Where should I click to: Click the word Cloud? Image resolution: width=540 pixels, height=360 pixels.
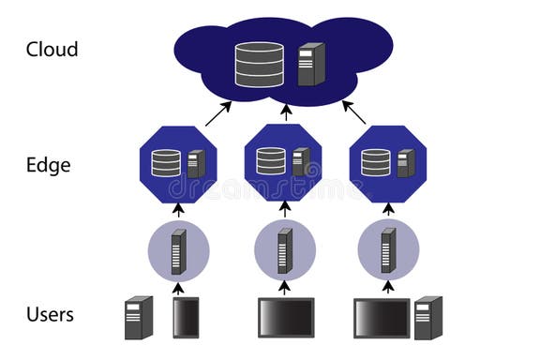[53, 50]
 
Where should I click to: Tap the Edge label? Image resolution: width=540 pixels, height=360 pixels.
[49, 165]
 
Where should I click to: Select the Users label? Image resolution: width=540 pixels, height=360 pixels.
[51, 314]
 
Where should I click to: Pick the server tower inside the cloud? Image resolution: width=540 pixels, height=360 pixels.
[310, 64]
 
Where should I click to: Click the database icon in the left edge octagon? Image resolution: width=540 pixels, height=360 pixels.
[166, 162]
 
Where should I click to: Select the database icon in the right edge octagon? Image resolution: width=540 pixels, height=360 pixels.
[376, 162]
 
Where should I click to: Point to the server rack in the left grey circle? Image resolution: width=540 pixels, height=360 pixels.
[178, 251]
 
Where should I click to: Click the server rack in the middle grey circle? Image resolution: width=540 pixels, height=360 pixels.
[284, 251]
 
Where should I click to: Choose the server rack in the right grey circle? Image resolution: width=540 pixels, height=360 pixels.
[387, 251]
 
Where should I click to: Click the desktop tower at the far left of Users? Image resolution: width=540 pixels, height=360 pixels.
[139, 317]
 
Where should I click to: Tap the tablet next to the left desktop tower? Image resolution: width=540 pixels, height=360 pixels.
[185, 318]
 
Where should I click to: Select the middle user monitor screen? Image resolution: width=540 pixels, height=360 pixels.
[286, 318]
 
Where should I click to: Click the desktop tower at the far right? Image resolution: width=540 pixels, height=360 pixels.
[427, 317]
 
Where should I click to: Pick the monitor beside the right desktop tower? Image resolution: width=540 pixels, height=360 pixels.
[382, 318]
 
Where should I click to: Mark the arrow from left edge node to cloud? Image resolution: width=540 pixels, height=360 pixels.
[217, 113]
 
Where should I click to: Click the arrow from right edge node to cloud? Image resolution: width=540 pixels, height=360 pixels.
[354, 112]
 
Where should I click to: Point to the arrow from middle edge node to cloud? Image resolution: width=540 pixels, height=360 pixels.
[286, 112]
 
